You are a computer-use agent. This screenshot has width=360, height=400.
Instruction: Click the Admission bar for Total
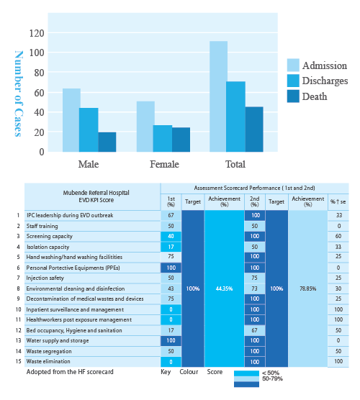point(218,96)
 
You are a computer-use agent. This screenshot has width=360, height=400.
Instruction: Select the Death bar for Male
point(107,142)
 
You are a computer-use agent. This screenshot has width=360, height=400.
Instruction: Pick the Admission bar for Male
point(71,120)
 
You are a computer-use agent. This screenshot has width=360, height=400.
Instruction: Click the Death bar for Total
point(254,129)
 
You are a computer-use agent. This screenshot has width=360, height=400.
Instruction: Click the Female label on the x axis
point(164,164)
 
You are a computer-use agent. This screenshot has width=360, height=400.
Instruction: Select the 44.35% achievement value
point(224,288)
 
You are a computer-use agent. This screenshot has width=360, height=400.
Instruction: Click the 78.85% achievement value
point(307,288)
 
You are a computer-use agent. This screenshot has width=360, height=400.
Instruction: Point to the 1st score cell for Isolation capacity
point(171,247)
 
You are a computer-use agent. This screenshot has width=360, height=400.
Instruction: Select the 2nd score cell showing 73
point(255,288)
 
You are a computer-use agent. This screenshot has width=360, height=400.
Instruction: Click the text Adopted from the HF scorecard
point(70,373)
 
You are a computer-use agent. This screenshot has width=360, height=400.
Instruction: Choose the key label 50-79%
point(271,378)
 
